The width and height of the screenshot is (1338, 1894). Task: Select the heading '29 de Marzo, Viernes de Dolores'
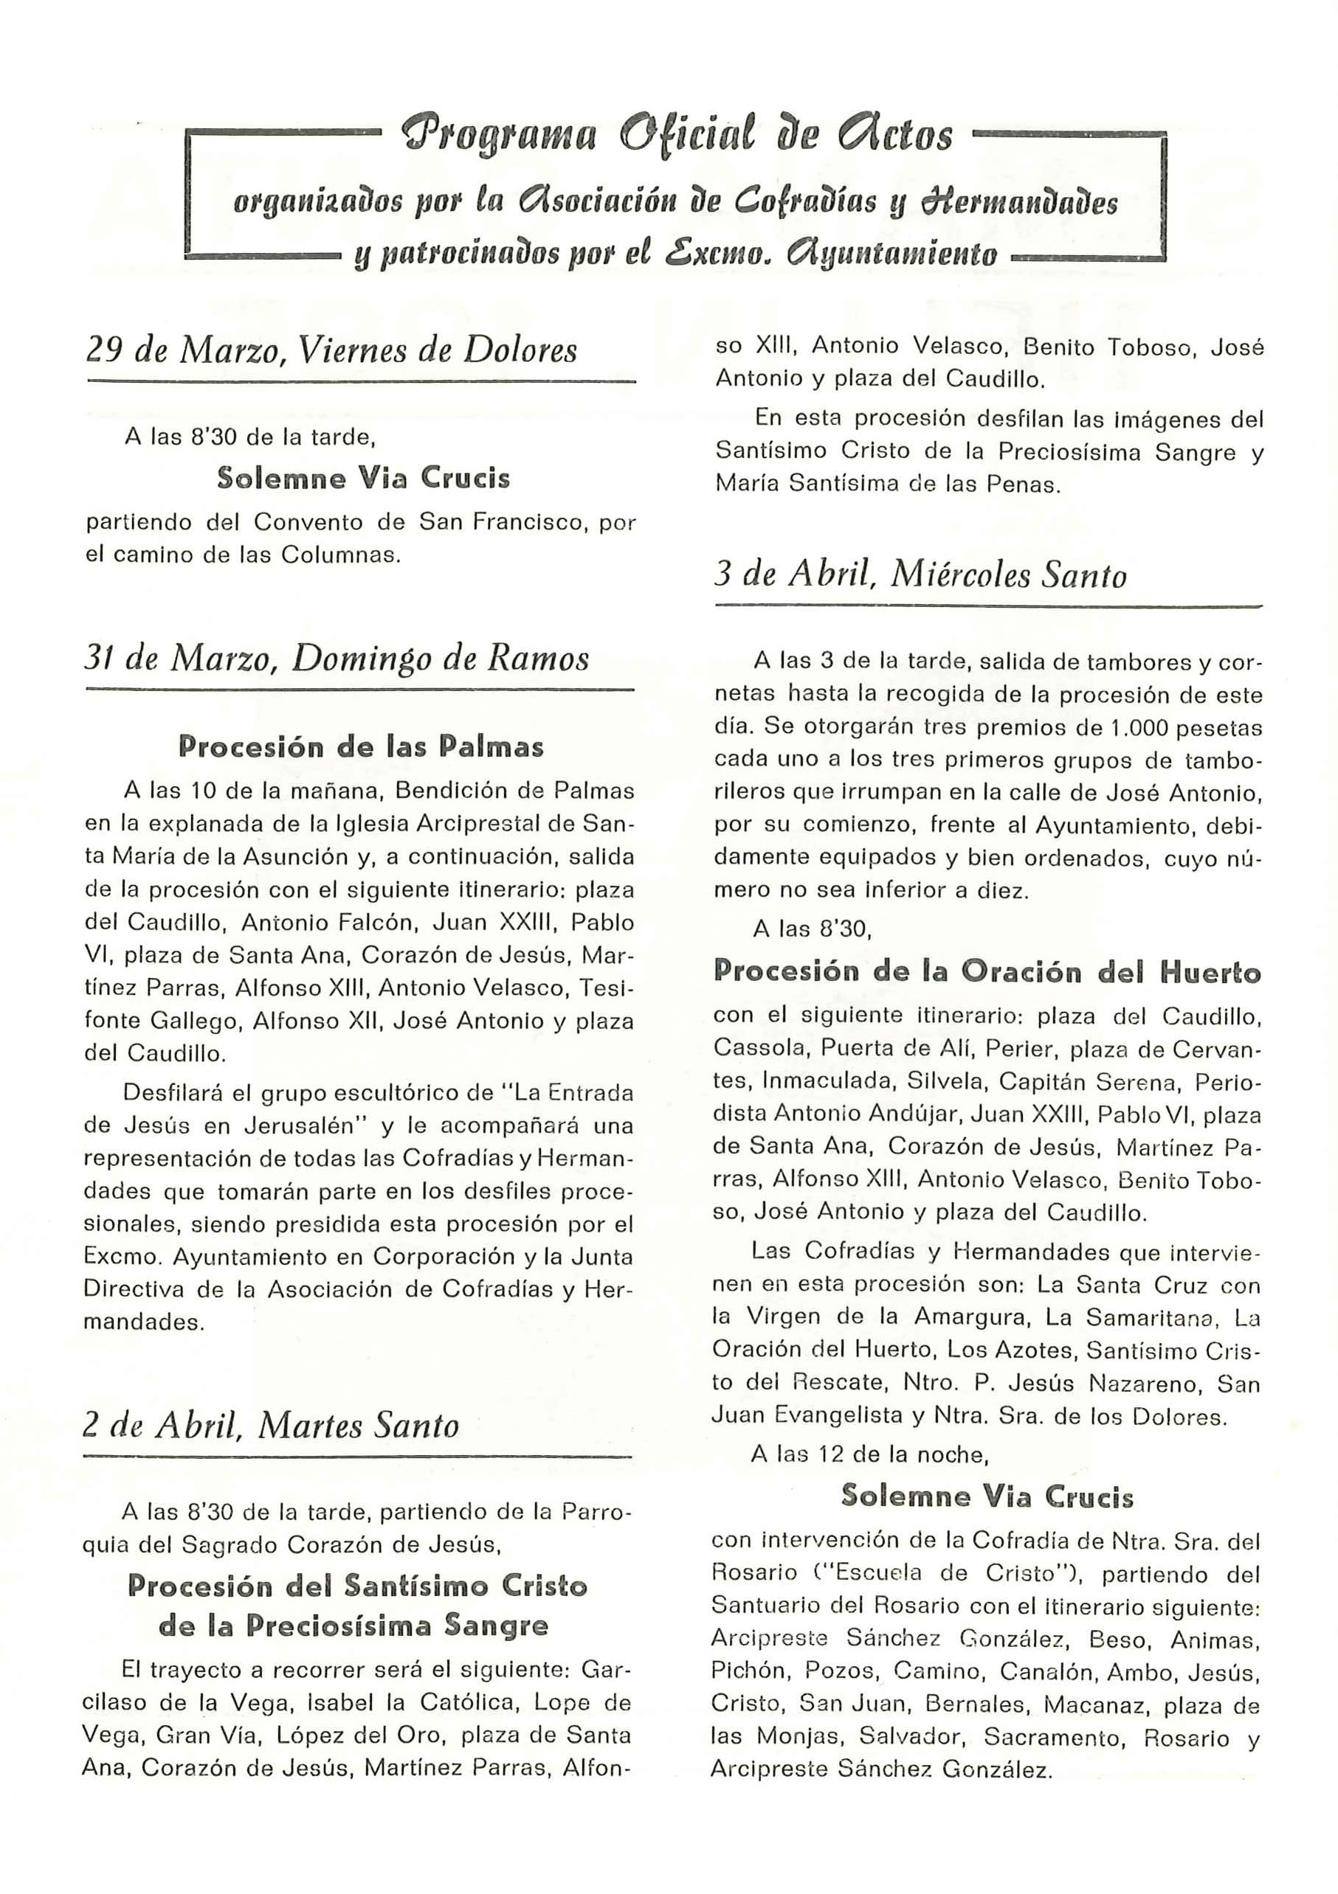[332, 350]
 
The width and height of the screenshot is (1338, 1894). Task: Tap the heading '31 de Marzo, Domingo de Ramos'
[337, 659]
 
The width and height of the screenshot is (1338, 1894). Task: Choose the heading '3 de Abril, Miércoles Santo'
[920, 575]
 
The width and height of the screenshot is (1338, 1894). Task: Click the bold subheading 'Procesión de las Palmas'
[361, 746]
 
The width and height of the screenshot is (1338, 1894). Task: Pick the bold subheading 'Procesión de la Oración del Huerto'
[987, 972]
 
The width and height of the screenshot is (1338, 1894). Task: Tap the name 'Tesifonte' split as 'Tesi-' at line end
[607, 988]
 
